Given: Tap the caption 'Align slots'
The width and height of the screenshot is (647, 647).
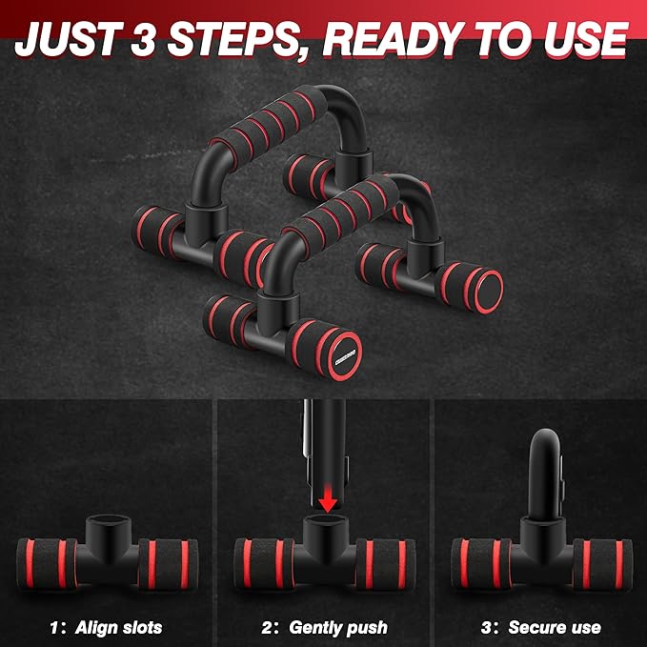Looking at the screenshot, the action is [118, 628].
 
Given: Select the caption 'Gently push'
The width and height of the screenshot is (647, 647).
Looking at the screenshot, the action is [338, 628].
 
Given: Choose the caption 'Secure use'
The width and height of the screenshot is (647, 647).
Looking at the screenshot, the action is [555, 628].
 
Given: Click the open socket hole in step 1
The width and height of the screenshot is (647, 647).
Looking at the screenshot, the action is [108, 520].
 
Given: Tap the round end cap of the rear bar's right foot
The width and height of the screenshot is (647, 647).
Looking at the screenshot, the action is [489, 291].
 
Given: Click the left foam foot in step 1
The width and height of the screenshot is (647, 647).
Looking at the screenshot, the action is [47, 564].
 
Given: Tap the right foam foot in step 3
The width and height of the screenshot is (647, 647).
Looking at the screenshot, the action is [602, 564].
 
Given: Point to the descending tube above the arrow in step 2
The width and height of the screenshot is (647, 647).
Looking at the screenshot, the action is [326, 450].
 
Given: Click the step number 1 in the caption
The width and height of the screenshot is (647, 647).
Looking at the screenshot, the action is [54, 628].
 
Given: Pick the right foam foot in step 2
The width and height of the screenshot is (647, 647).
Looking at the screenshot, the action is [385, 564].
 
